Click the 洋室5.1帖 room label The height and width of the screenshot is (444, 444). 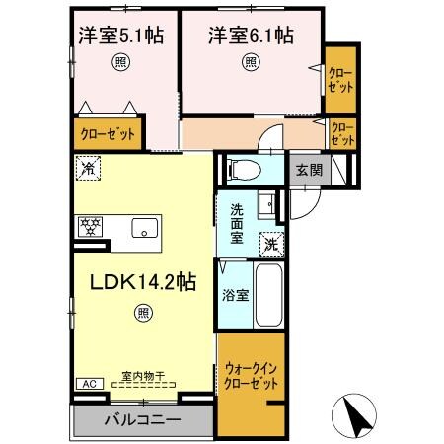[x=121, y=36]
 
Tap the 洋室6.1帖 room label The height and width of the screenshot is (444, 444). [x=250, y=36]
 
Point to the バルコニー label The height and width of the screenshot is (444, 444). [x=143, y=419]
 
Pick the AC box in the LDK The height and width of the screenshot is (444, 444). [x=85, y=384]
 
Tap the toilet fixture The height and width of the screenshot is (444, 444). [x=241, y=169]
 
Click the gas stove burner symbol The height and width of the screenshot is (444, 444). [x=91, y=226]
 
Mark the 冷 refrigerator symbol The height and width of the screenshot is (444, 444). [x=88, y=168]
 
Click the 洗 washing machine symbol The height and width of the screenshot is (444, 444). [x=270, y=244]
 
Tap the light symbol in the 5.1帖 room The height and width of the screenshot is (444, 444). [x=120, y=62]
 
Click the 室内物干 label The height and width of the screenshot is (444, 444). [x=142, y=377]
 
